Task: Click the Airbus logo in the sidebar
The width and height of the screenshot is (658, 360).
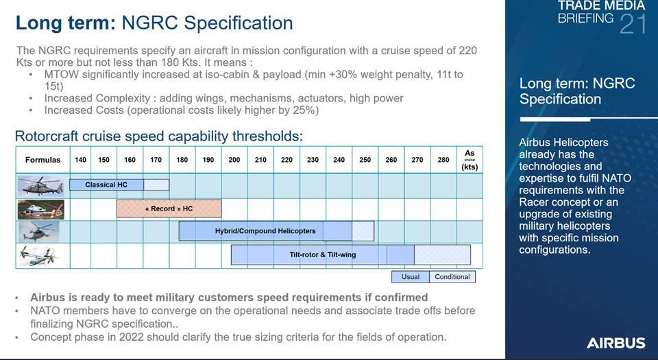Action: [x=616, y=343]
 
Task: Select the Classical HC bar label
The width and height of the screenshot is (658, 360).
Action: [x=106, y=184]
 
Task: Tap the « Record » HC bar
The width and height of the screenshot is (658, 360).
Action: [x=169, y=208]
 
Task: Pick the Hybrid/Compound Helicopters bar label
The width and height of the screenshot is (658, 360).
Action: [x=265, y=231]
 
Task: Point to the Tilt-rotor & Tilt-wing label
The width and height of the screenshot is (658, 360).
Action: [x=323, y=254]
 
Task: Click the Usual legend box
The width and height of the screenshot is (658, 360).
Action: [x=411, y=277]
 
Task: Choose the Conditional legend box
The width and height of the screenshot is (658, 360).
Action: [x=452, y=277]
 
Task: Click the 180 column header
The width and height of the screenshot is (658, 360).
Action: [x=182, y=160]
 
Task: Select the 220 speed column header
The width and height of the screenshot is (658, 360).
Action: [x=287, y=160]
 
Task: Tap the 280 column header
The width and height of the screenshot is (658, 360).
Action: [x=443, y=160]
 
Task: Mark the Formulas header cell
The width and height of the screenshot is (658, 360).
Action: [x=42, y=160]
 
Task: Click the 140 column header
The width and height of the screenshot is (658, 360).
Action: [x=81, y=160]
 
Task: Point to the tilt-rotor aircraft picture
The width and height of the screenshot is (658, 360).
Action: [x=38, y=256]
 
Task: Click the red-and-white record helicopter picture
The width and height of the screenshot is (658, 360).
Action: [x=40, y=209]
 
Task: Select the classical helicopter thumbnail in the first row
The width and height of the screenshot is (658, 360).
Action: [x=40, y=185]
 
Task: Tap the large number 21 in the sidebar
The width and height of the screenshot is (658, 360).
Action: [x=633, y=24]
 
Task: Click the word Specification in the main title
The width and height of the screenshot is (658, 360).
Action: [x=239, y=23]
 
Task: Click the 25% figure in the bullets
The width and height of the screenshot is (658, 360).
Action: [x=304, y=110]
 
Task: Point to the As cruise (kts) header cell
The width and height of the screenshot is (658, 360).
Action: [x=470, y=160]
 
